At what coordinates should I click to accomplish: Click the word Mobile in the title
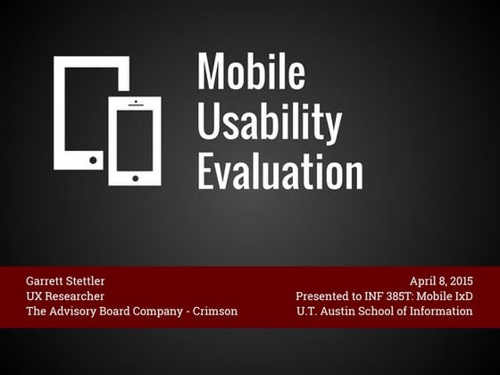[251, 71]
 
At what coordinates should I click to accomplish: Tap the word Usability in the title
[269, 121]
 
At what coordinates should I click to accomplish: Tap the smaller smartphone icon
[135, 141]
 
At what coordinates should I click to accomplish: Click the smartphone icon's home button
[135, 178]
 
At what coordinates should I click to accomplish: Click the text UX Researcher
[65, 296]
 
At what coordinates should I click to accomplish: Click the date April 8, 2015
[440, 280]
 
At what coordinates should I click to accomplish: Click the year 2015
[458, 280]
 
